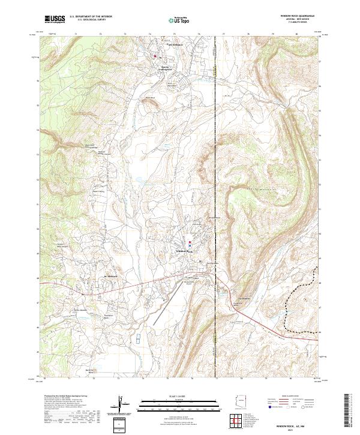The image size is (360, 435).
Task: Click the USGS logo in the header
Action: pyautogui.click(x=55, y=19)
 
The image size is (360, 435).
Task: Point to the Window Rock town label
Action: pyautogui.click(x=184, y=251)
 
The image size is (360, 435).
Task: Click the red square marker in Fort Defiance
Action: pyautogui.click(x=158, y=56)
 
